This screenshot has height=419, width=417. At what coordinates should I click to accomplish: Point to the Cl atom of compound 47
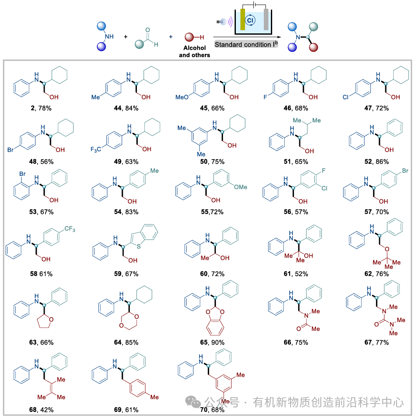(346, 97)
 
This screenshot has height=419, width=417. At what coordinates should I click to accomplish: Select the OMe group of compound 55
(240, 187)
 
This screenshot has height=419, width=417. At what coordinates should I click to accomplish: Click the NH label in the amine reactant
(109, 36)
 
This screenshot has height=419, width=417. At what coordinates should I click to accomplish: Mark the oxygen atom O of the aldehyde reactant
(147, 30)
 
